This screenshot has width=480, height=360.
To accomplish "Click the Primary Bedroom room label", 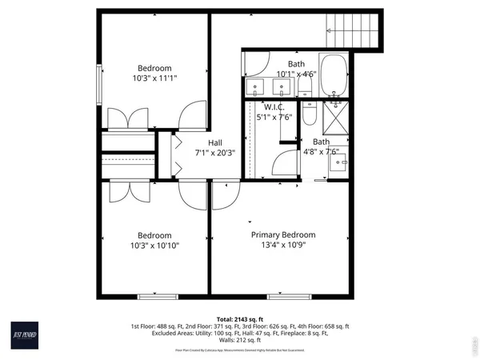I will [283, 234].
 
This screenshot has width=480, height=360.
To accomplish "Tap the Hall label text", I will [215, 142].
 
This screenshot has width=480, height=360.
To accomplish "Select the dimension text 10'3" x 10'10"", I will [154, 246].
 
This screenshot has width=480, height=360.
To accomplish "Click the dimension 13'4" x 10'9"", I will [283, 246].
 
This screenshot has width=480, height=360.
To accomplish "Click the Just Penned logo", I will [27, 330].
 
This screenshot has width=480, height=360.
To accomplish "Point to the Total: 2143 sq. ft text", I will [239, 318].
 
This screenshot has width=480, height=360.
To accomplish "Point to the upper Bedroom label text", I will [154, 68].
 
